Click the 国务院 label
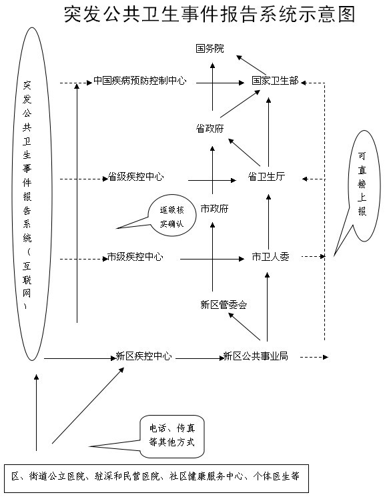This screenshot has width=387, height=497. [210, 49]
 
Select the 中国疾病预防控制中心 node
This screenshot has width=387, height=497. [140, 81]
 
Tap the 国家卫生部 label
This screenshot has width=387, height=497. [275, 81]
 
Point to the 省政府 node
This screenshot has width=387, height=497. [210, 128]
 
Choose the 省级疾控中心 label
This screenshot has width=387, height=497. [136, 177]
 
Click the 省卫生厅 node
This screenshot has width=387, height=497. [266, 177]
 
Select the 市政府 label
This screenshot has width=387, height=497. [215, 209]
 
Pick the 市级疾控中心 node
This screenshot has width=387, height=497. [135, 256]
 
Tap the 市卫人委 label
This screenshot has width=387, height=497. [270, 256]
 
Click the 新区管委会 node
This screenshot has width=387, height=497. [224, 305]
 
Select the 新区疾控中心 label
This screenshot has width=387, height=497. [143, 356]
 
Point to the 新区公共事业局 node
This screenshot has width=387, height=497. [256, 356]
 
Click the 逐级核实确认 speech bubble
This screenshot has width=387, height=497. [171, 215]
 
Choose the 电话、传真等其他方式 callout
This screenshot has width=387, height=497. [171, 436]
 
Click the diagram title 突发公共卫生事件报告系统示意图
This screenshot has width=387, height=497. [210, 14]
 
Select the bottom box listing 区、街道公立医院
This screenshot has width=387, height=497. [156, 478]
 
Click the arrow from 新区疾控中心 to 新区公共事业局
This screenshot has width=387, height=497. [200, 358]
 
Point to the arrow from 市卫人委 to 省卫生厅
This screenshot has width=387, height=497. [268, 222]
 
